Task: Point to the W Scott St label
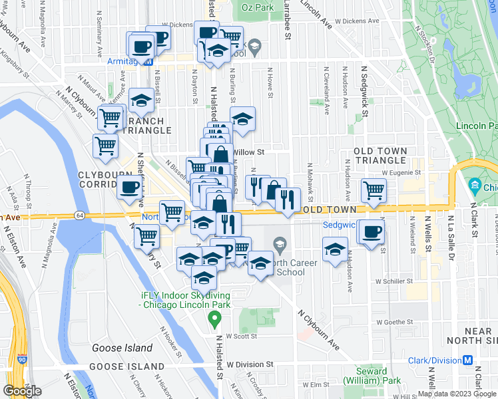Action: [x=241, y=336]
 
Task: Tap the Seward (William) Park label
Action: [x=366, y=376]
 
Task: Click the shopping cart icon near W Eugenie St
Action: [x=373, y=190]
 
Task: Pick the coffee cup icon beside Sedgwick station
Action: [x=372, y=232]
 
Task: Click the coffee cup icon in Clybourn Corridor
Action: [x=130, y=188]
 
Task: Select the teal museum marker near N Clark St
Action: [x=475, y=185]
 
